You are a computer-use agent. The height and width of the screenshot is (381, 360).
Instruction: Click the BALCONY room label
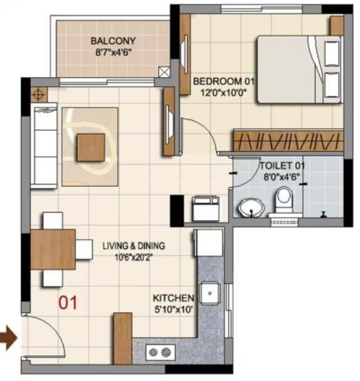(113, 41)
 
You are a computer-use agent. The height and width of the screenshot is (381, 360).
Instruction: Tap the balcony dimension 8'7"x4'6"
(113, 52)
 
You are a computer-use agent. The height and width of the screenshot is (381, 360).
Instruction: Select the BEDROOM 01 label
(224, 81)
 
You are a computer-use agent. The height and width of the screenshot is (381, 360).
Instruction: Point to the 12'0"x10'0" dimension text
(224, 93)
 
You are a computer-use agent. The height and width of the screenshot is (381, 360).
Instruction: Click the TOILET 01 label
(282, 166)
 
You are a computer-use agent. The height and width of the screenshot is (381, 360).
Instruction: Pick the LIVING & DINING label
(134, 246)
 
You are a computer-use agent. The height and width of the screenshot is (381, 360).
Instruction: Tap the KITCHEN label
(174, 298)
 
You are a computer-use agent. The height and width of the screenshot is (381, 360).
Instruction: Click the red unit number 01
(67, 302)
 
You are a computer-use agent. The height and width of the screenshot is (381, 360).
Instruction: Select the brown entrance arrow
(8, 338)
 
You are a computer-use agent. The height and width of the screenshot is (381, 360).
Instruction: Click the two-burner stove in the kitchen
(160, 352)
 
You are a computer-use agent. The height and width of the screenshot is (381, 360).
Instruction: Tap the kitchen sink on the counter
(210, 293)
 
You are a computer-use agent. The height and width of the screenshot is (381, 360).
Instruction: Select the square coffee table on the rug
(91, 148)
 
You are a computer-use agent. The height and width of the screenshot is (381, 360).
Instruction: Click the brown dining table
(53, 250)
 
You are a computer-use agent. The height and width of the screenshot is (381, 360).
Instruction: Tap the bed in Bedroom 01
(300, 70)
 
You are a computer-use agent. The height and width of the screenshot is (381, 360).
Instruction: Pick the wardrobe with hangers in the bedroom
(288, 140)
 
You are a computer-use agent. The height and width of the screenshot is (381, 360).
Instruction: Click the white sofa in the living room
(44, 146)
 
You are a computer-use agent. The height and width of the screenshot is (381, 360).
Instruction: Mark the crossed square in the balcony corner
(165, 72)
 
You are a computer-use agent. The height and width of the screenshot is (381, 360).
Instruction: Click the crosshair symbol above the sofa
(39, 94)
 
